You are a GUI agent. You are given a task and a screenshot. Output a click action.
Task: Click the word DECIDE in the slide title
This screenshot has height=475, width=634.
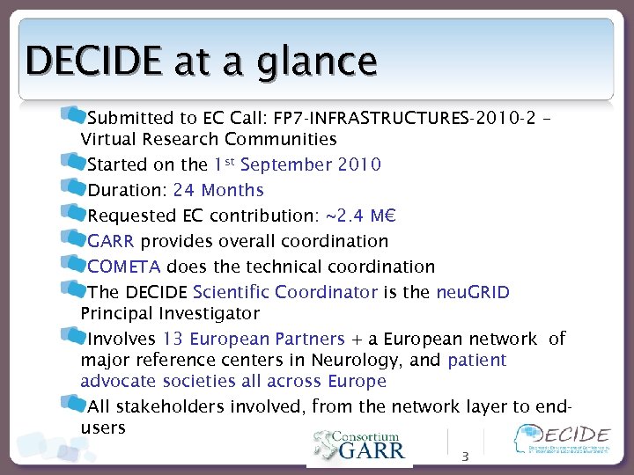click(x=92, y=62)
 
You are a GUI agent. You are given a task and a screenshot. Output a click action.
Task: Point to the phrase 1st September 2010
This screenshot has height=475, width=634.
click(x=297, y=164)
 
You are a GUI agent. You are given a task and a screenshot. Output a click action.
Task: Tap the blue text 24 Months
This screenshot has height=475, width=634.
click(x=218, y=190)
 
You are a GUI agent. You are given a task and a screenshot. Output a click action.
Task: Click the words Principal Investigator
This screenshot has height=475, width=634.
click(x=170, y=313)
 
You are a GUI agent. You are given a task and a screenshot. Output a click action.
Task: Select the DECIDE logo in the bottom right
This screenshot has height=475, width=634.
click(x=563, y=440)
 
